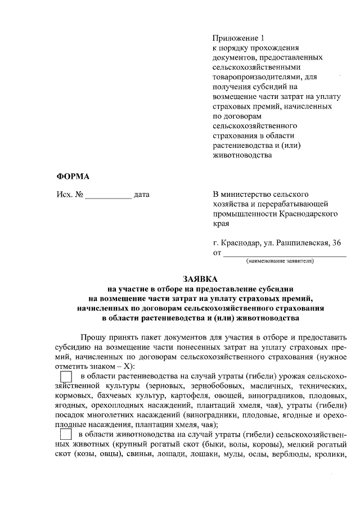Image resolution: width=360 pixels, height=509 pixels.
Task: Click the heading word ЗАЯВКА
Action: point(199,278)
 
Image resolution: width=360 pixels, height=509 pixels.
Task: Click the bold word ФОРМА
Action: point(73,176)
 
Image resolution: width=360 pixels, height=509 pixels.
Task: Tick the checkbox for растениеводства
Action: point(66,376)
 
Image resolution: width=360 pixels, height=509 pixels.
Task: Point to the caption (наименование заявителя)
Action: point(280,261)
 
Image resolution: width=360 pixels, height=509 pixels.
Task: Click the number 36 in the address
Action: point(336,243)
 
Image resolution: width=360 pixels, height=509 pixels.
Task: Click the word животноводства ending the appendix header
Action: point(238,156)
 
